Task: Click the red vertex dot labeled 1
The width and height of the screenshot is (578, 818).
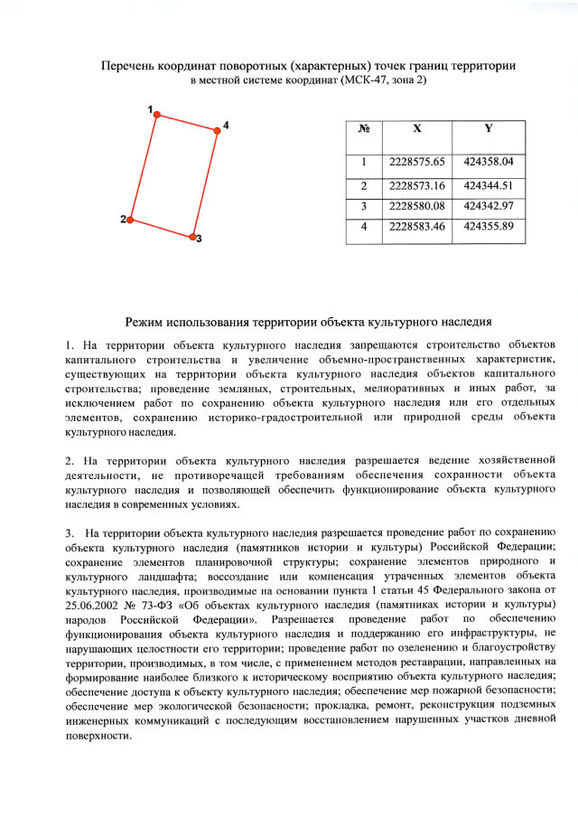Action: (156, 115)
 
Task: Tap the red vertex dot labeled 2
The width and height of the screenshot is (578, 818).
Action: (130, 220)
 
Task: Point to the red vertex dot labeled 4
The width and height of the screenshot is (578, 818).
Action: (217, 130)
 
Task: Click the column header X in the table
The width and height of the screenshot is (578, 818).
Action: (416, 128)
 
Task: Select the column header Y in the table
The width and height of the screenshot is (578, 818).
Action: (488, 128)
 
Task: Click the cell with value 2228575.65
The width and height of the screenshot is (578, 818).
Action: (417, 162)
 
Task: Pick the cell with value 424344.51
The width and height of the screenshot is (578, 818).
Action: (488, 185)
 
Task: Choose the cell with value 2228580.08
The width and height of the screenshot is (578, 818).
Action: (417, 206)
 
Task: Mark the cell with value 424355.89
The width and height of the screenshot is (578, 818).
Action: (488, 226)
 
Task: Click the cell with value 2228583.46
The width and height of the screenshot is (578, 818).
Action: (417, 226)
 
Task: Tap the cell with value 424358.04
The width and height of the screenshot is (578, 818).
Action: (488, 162)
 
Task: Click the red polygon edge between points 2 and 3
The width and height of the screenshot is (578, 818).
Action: (161, 228)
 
